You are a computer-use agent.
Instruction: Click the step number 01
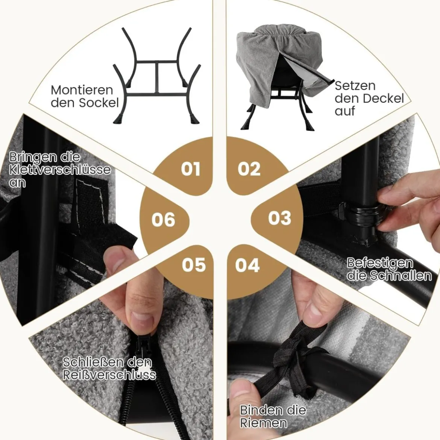click(x=191, y=169)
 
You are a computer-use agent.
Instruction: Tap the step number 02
click(x=249, y=168)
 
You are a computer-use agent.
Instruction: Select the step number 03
click(x=279, y=218)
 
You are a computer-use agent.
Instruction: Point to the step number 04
click(x=247, y=265)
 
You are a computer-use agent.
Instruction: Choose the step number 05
click(x=194, y=265)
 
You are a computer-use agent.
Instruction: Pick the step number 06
click(x=163, y=220)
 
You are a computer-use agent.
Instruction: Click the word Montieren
click(x=82, y=90)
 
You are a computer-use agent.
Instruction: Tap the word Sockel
click(x=99, y=103)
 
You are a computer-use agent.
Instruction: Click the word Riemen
click(x=264, y=423)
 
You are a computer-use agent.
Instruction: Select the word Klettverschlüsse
click(x=60, y=170)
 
